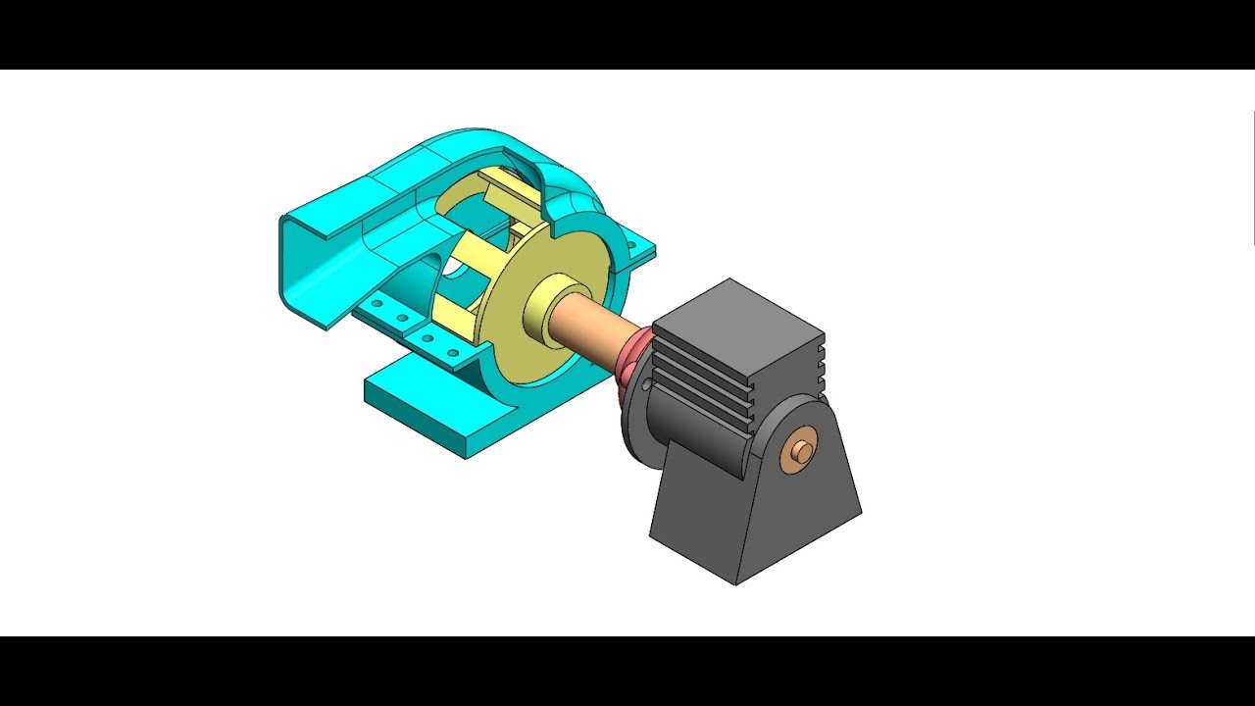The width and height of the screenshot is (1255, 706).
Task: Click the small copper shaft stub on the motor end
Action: pyautogui.click(x=803, y=451)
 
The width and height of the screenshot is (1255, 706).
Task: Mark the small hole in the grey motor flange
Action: pyautogui.click(x=644, y=388)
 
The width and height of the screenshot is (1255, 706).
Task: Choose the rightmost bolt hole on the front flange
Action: pyautogui.click(x=452, y=353)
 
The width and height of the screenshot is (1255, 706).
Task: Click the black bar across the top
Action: pyautogui.click(x=627, y=34)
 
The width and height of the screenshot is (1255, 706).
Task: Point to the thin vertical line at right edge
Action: pyautogui.click(x=1253, y=176)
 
